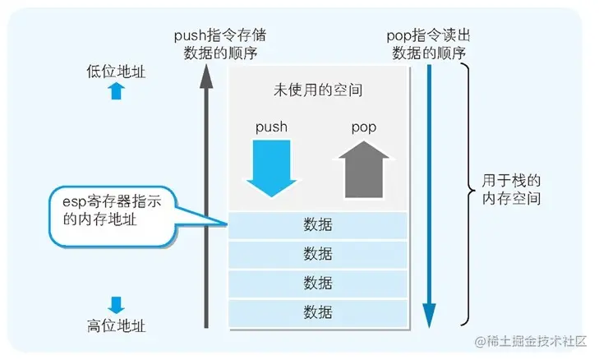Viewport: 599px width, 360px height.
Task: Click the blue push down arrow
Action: (270, 168)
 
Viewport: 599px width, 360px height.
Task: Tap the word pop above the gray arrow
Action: (364, 128)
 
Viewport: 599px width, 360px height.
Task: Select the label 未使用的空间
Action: (317, 90)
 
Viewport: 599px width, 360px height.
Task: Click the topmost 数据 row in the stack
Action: (317, 224)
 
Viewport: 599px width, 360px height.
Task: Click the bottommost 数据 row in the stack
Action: (317, 312)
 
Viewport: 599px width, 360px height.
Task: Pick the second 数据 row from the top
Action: (317, 253)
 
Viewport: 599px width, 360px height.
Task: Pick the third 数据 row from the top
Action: (317, 282)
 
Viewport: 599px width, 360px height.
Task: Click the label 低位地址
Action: (116, 72)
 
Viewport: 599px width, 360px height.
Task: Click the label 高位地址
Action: (116, 325)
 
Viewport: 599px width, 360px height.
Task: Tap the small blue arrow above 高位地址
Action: (116, 304)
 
